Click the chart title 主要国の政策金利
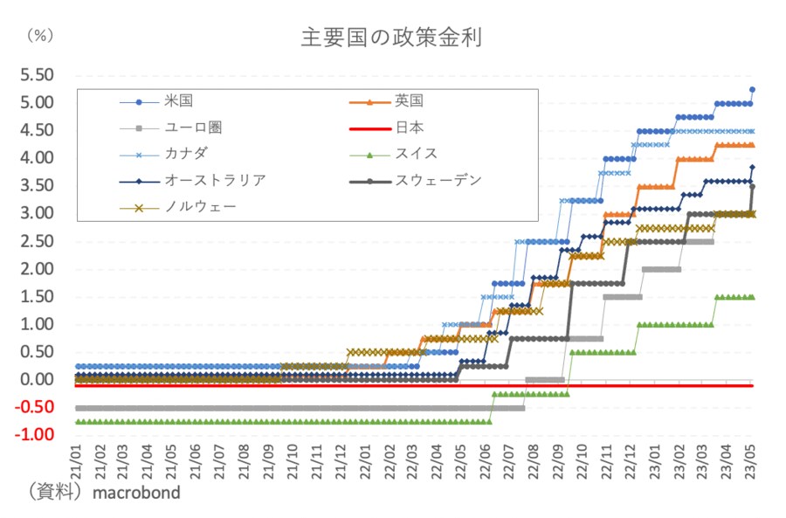(x=391, y=38)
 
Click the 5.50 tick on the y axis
(x=38, y=75)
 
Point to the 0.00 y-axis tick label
(x=38, y=380)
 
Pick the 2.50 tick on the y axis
(x=38, y=241)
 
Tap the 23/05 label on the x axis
(x=748, y=457)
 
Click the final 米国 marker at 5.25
(x=752, y=90)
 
